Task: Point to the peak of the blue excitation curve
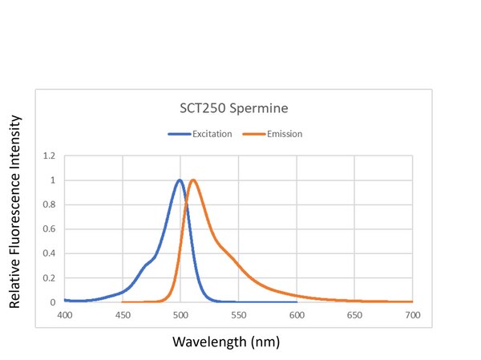click(x=180, y=180)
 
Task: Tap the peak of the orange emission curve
click(x=193, y=180)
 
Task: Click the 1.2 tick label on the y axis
click(x=50, y=156)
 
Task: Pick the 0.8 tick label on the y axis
click(x=50, y=204)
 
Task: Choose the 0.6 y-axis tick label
click(x=50, y=229)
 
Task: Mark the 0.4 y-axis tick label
click(x=50, y=253)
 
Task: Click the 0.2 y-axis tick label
click(x=50, y=278)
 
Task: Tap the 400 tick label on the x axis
click(x=65, y=316)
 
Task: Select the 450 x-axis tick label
click(x=123, y=316)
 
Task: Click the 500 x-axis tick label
click(x=180, y=316)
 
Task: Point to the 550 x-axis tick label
click(x=238, y=316)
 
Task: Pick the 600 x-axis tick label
click(x=297, y=316)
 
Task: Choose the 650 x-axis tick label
click(x=354, y=316)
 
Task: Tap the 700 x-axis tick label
click(x=412, y=316)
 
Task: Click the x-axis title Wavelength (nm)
click(x=227, y=342)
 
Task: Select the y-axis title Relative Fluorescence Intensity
click(x=15, y=212)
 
